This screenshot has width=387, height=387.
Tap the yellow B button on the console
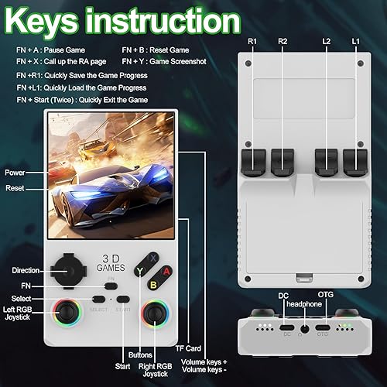pos(153,284)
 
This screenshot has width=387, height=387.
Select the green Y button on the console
pos(141,270)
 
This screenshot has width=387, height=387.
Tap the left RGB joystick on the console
pos(69,316)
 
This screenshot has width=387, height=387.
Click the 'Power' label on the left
pos(15,172)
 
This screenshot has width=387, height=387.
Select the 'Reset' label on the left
pos(15,188)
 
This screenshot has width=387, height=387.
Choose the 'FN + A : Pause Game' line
pos(50,49)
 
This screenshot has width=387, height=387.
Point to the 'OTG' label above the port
pos(324,295)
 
